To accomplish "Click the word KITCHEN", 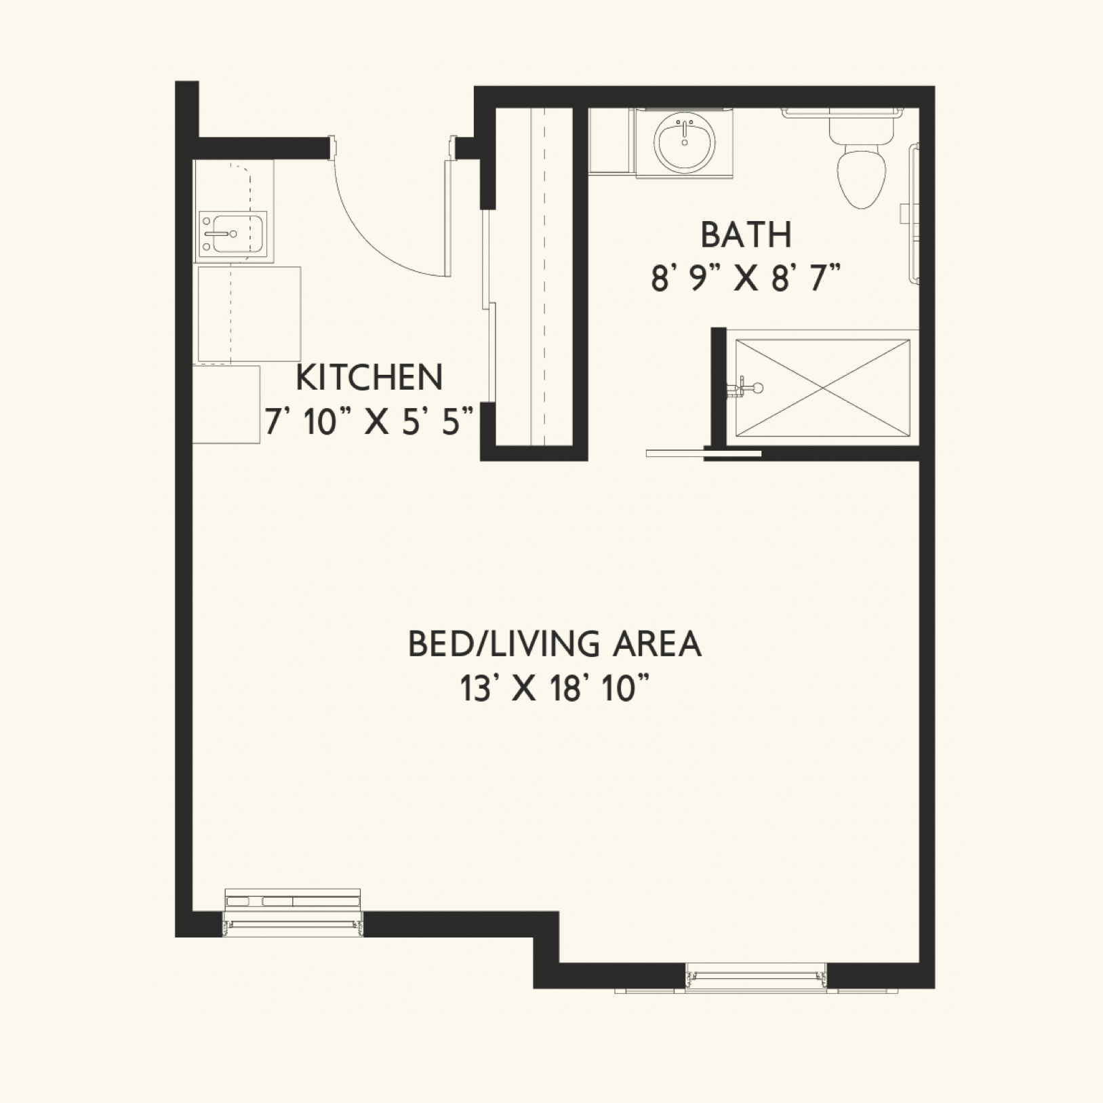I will (369, 378).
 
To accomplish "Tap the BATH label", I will (746, 235).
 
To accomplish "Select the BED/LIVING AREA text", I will (554, 644).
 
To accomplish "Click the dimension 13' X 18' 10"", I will (554, 689).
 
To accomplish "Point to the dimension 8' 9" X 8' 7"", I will (746, 279).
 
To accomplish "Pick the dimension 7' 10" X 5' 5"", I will (369, 422).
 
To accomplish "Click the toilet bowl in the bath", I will (862, 178).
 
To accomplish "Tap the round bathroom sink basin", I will (684, 143).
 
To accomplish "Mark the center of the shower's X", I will (822, 388).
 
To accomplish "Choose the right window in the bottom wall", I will (757, 977).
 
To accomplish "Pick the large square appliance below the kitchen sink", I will (249, 314).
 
